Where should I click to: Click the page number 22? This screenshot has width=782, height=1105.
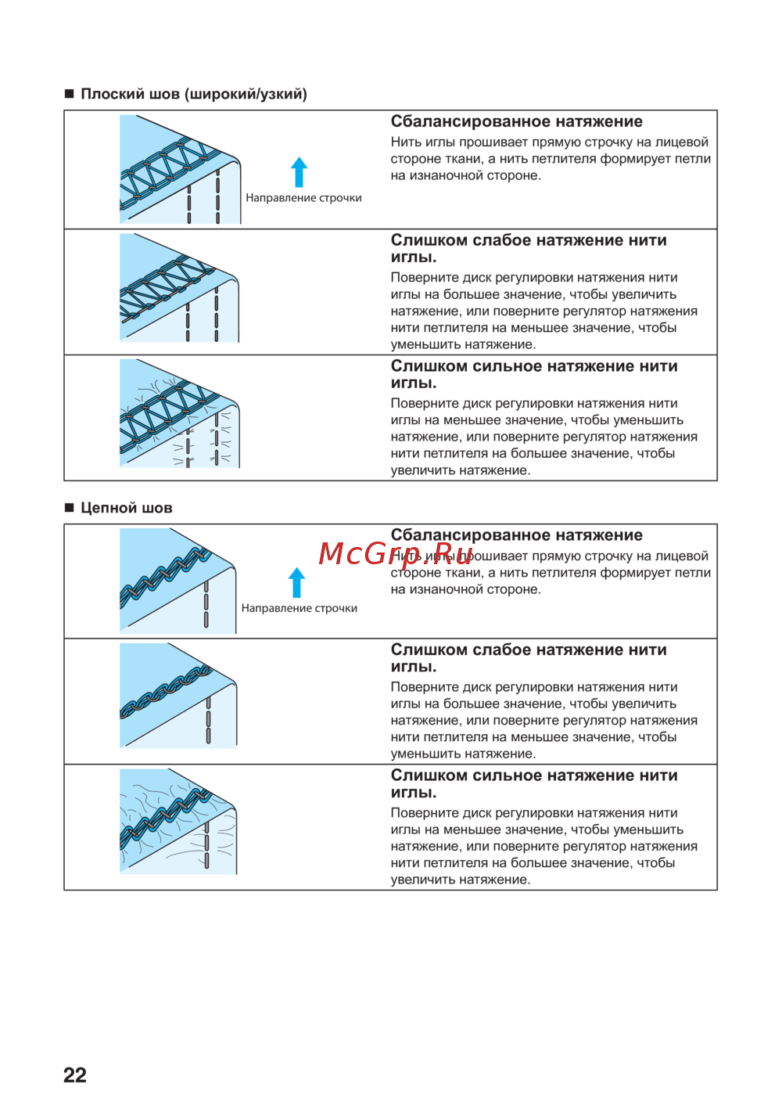(x=75, y=1074)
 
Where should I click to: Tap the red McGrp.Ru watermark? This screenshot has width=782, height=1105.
(x=396, y=554)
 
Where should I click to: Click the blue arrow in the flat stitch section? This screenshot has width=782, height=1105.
(x=299, y=172)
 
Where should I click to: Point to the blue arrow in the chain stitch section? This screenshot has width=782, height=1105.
(x=296, y=583)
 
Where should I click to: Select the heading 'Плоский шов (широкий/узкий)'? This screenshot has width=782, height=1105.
(x=193, y=94)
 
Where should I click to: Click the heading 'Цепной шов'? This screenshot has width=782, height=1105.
(x=126, y=508)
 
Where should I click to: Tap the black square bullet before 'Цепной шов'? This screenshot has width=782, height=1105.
(x=69, y=508)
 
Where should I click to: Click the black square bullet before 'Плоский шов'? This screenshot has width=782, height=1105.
(x=69, y=94)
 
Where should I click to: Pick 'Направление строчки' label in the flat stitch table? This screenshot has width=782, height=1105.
(x=303, y=198)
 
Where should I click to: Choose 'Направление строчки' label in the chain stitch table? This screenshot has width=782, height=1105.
(x=299, y=608)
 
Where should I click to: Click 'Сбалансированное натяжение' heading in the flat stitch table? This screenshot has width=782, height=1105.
(x=516, y=121)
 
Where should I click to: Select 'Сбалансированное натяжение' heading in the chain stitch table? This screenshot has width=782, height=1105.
(x=516, y=535)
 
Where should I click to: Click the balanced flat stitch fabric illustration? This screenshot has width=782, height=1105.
(x=180, y=170)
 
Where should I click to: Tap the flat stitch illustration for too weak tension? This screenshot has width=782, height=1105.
(x=179, y=288)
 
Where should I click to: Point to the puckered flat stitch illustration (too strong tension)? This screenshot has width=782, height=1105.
(x=179, y=414)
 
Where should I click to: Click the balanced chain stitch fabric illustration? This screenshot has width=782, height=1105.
(x=178, y=581)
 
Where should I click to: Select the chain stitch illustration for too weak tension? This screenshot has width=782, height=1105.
(x=178, y=696)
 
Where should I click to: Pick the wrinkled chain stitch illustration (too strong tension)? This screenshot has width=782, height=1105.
(x=178, y=822)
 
